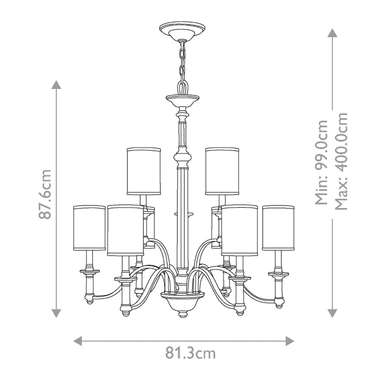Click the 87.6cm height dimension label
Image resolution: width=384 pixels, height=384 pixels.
pyautogui.click(x=46, y=194)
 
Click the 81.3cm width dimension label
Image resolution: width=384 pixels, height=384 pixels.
pyautogui.click(x=190, y=353)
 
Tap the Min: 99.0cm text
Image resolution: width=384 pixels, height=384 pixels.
pyautogui.click(x=322, y=163)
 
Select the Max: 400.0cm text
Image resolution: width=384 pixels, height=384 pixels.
pyautogui.click(x=341, y=162)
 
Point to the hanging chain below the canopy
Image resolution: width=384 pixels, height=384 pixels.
pyautogui.click(x=181, y=60)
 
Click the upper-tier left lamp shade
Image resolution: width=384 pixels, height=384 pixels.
pyautogui.click(x=144, y=171)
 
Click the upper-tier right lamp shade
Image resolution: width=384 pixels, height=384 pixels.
pyautogui.click(x=222, y=171)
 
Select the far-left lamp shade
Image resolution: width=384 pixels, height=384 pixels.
pyautogui.click(x=89, y=228)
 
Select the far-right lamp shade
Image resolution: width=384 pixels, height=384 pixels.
pyautogui.click(x=278, y=227)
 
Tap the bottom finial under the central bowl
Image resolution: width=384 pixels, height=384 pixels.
pyautogui.click(x=182, y=315)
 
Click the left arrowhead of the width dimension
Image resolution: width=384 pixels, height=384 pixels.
pyautogui.click(x=78, y=341)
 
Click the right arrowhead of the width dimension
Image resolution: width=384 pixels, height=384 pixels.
pyautogui.click(x=290, y=341)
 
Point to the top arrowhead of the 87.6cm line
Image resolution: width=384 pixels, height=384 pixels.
pyautogui.click(x=56, y=85)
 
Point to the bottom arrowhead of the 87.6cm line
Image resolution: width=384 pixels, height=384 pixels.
pyautogui.click(x=56, y=313)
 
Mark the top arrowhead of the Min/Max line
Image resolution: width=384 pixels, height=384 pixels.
pyautogui.click(x=332, y=33)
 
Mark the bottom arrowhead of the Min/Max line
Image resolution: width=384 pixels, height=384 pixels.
pyautogui.click(x=332, y=313)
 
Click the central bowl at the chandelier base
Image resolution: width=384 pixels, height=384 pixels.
pyautogui.click(x=182, y=301)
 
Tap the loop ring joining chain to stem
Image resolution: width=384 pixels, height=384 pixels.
pyautogui.click(x=182, y=86)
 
